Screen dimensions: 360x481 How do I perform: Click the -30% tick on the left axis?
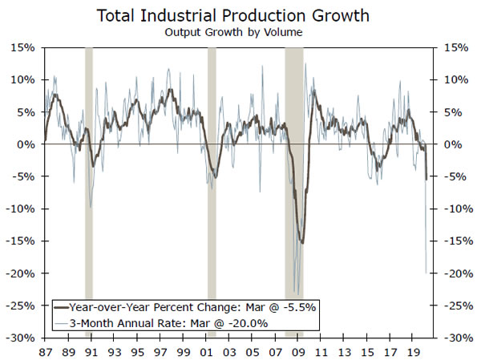click(22, 338)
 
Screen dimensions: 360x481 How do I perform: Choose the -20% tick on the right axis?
click(455, 273)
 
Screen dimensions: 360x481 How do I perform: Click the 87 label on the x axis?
click(45, 351)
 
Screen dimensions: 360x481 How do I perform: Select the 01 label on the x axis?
click(208, 351)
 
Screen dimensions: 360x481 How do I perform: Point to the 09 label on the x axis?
click(301, 351)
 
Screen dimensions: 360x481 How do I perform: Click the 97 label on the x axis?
click(161, 351)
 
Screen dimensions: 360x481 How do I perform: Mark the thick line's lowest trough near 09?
click(301, 242)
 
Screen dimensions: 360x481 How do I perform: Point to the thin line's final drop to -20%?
click(426, 273)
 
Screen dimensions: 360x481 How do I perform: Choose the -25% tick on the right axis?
click(455, 305)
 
